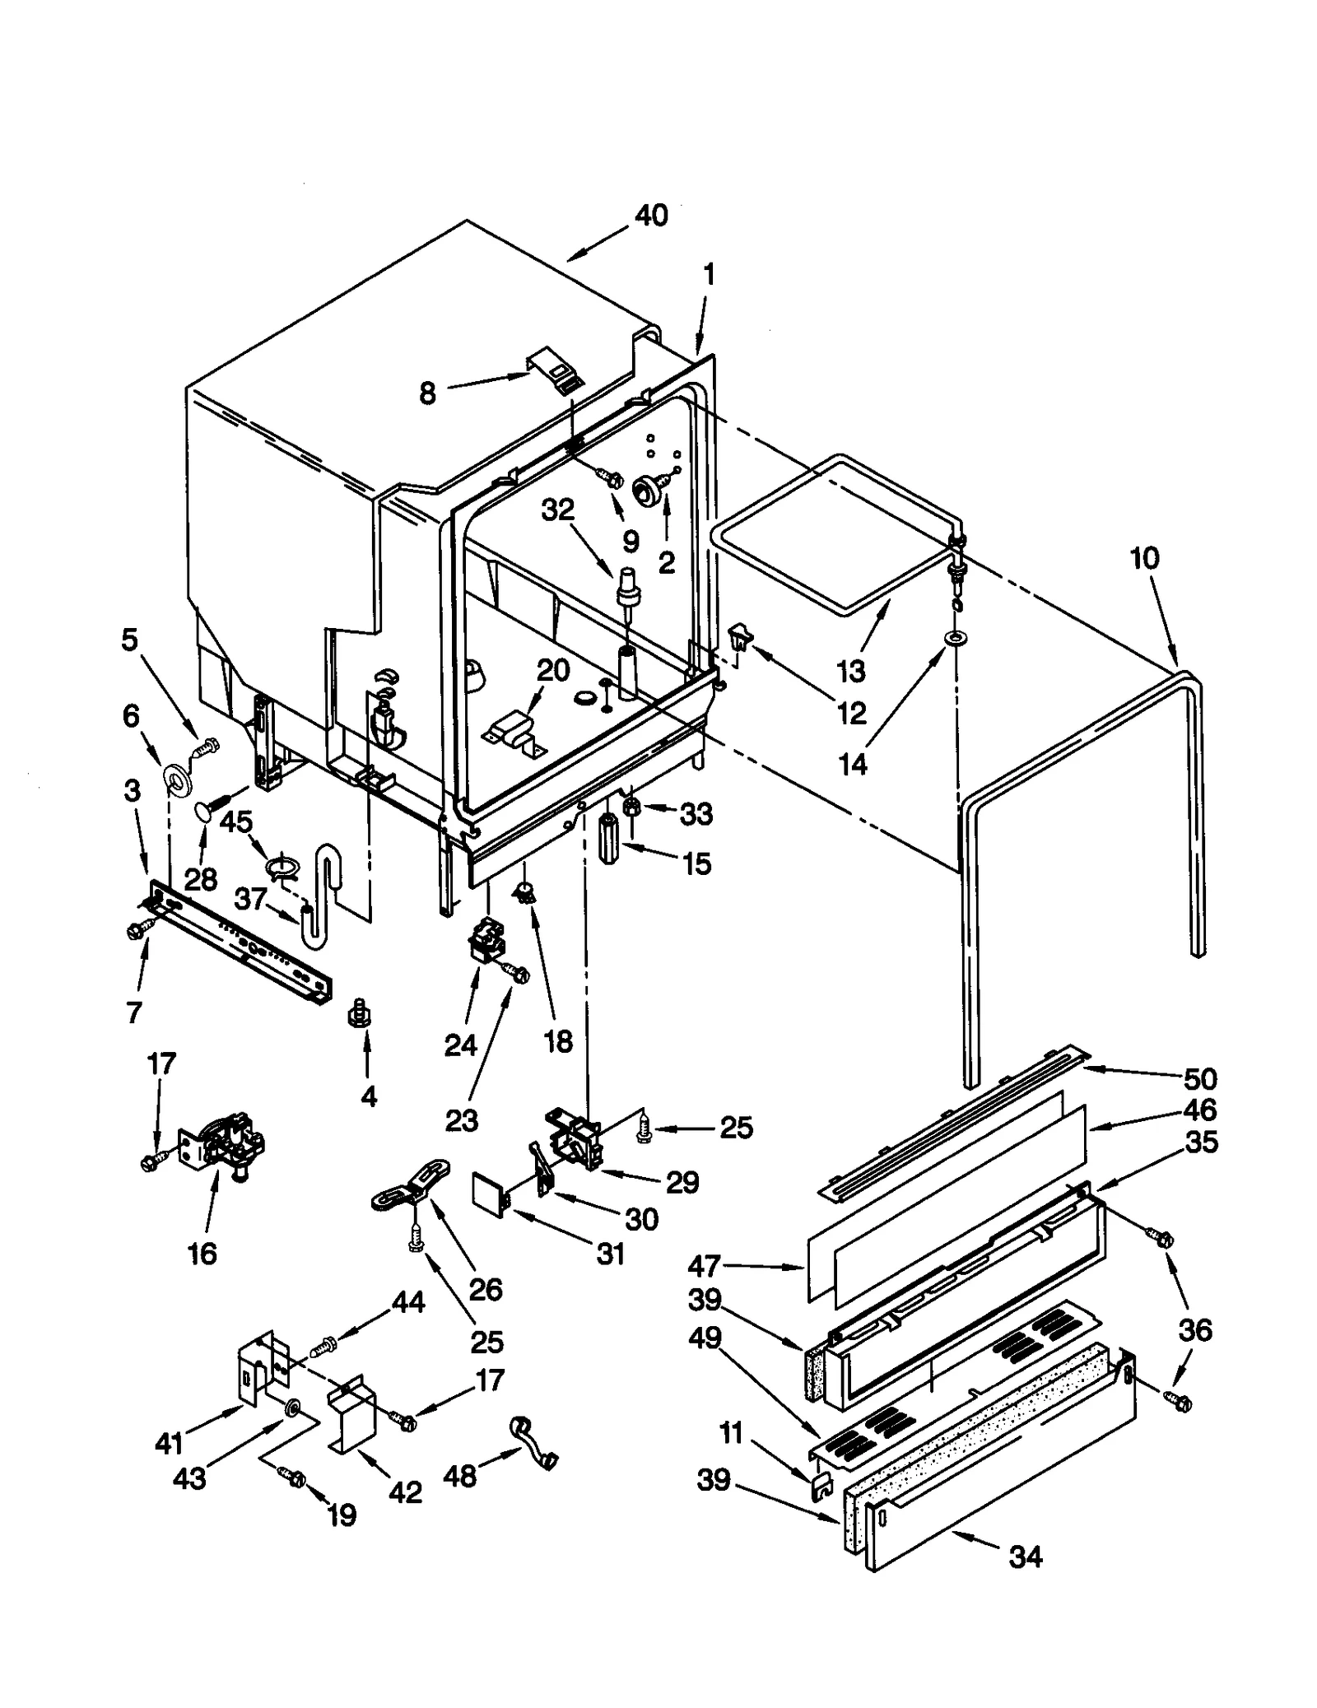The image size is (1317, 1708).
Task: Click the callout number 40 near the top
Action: pos(650,216)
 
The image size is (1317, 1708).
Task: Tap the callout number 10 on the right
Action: pos(1144,558)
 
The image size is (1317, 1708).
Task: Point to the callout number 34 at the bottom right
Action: pos(1025,1557)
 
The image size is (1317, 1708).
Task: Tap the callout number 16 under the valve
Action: pos(202,1254)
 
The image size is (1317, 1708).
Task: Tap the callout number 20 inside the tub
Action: pos(553,670)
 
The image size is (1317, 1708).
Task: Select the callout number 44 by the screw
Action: pos(408,1302)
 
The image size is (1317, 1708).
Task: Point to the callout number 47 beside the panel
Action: pos(705,1266)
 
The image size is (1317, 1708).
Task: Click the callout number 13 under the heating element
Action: pos(851,671)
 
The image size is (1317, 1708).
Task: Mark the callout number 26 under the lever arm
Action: pos(486,1289)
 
